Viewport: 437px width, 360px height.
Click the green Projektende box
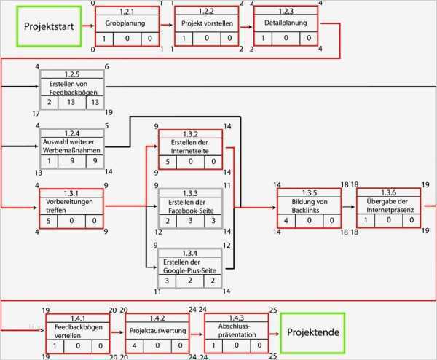(x=313, y=332)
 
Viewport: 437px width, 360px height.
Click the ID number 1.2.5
(x=71, y=74)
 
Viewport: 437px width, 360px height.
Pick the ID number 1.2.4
(x=71, y=133)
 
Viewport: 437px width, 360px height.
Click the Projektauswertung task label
(x=157, y=331)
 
